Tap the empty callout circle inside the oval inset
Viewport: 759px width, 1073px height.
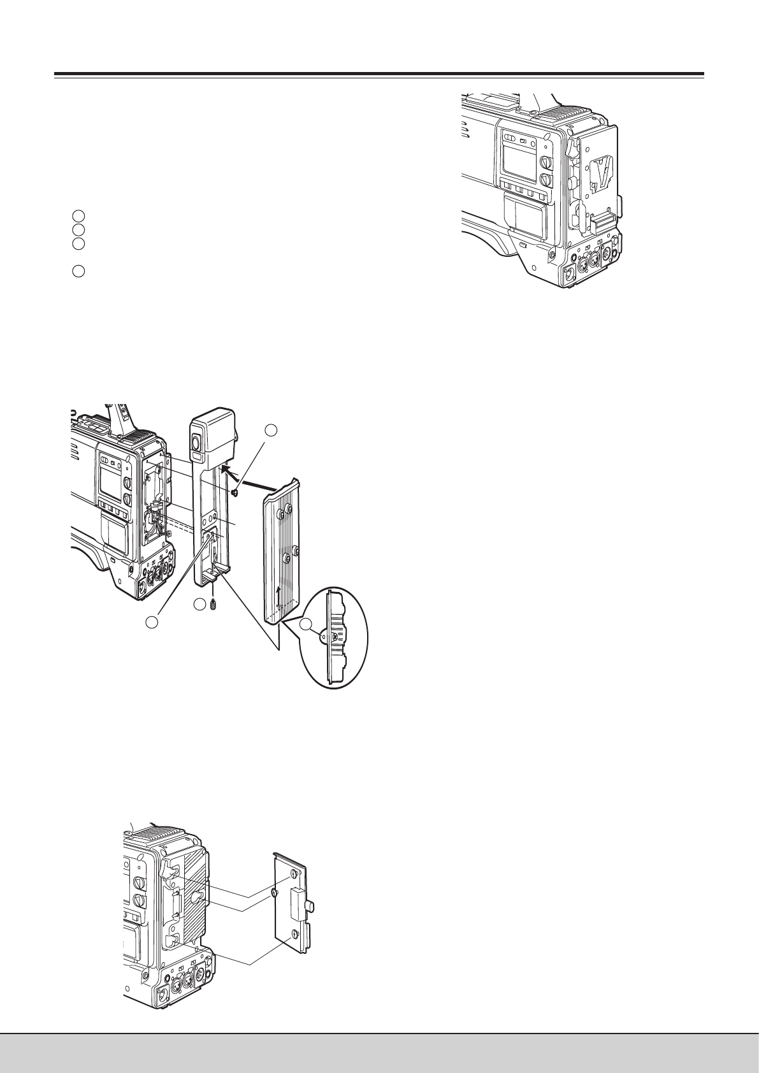click(308, 625)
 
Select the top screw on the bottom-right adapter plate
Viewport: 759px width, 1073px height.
click(294, 874)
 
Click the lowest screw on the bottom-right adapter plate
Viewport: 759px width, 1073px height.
click(295, 934)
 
